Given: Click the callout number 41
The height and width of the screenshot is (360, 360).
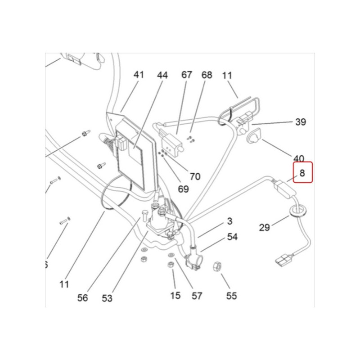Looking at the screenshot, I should click(139, 74).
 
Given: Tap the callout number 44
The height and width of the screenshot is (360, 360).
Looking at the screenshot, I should click(162, 75).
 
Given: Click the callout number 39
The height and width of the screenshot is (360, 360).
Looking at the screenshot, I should click(300, 121).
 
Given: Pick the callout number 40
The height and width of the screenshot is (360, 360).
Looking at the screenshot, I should click(299, 158).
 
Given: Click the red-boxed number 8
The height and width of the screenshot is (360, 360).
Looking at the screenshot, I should click(302, 173).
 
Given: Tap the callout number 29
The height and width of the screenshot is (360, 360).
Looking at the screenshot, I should click(265, 227).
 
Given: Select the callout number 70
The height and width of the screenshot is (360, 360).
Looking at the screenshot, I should click(195, 176).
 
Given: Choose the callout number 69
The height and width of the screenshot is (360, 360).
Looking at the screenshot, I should click(183, 189).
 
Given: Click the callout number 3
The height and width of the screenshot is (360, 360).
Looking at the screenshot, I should click(230, 221).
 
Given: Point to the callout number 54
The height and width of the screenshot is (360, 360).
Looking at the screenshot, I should click(232, 237).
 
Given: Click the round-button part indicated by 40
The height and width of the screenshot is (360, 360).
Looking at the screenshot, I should click(255, 135).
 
